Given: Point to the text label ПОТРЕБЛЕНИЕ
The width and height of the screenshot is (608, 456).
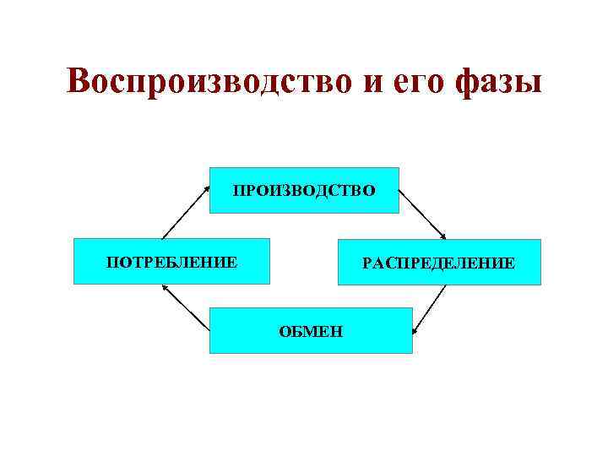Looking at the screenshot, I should tap(171, 262).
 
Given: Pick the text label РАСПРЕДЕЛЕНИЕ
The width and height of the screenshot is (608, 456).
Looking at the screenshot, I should tap(438, 263).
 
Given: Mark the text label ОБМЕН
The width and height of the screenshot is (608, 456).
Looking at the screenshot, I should tap(312, 330).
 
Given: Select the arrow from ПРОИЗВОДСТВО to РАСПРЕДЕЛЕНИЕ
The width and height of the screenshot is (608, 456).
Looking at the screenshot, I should tap(422, 213).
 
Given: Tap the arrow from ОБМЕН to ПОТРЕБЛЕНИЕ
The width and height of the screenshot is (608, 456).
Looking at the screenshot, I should tap(185, 305).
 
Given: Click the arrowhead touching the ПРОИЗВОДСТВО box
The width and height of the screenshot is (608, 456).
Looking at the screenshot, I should tap(206, 189).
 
